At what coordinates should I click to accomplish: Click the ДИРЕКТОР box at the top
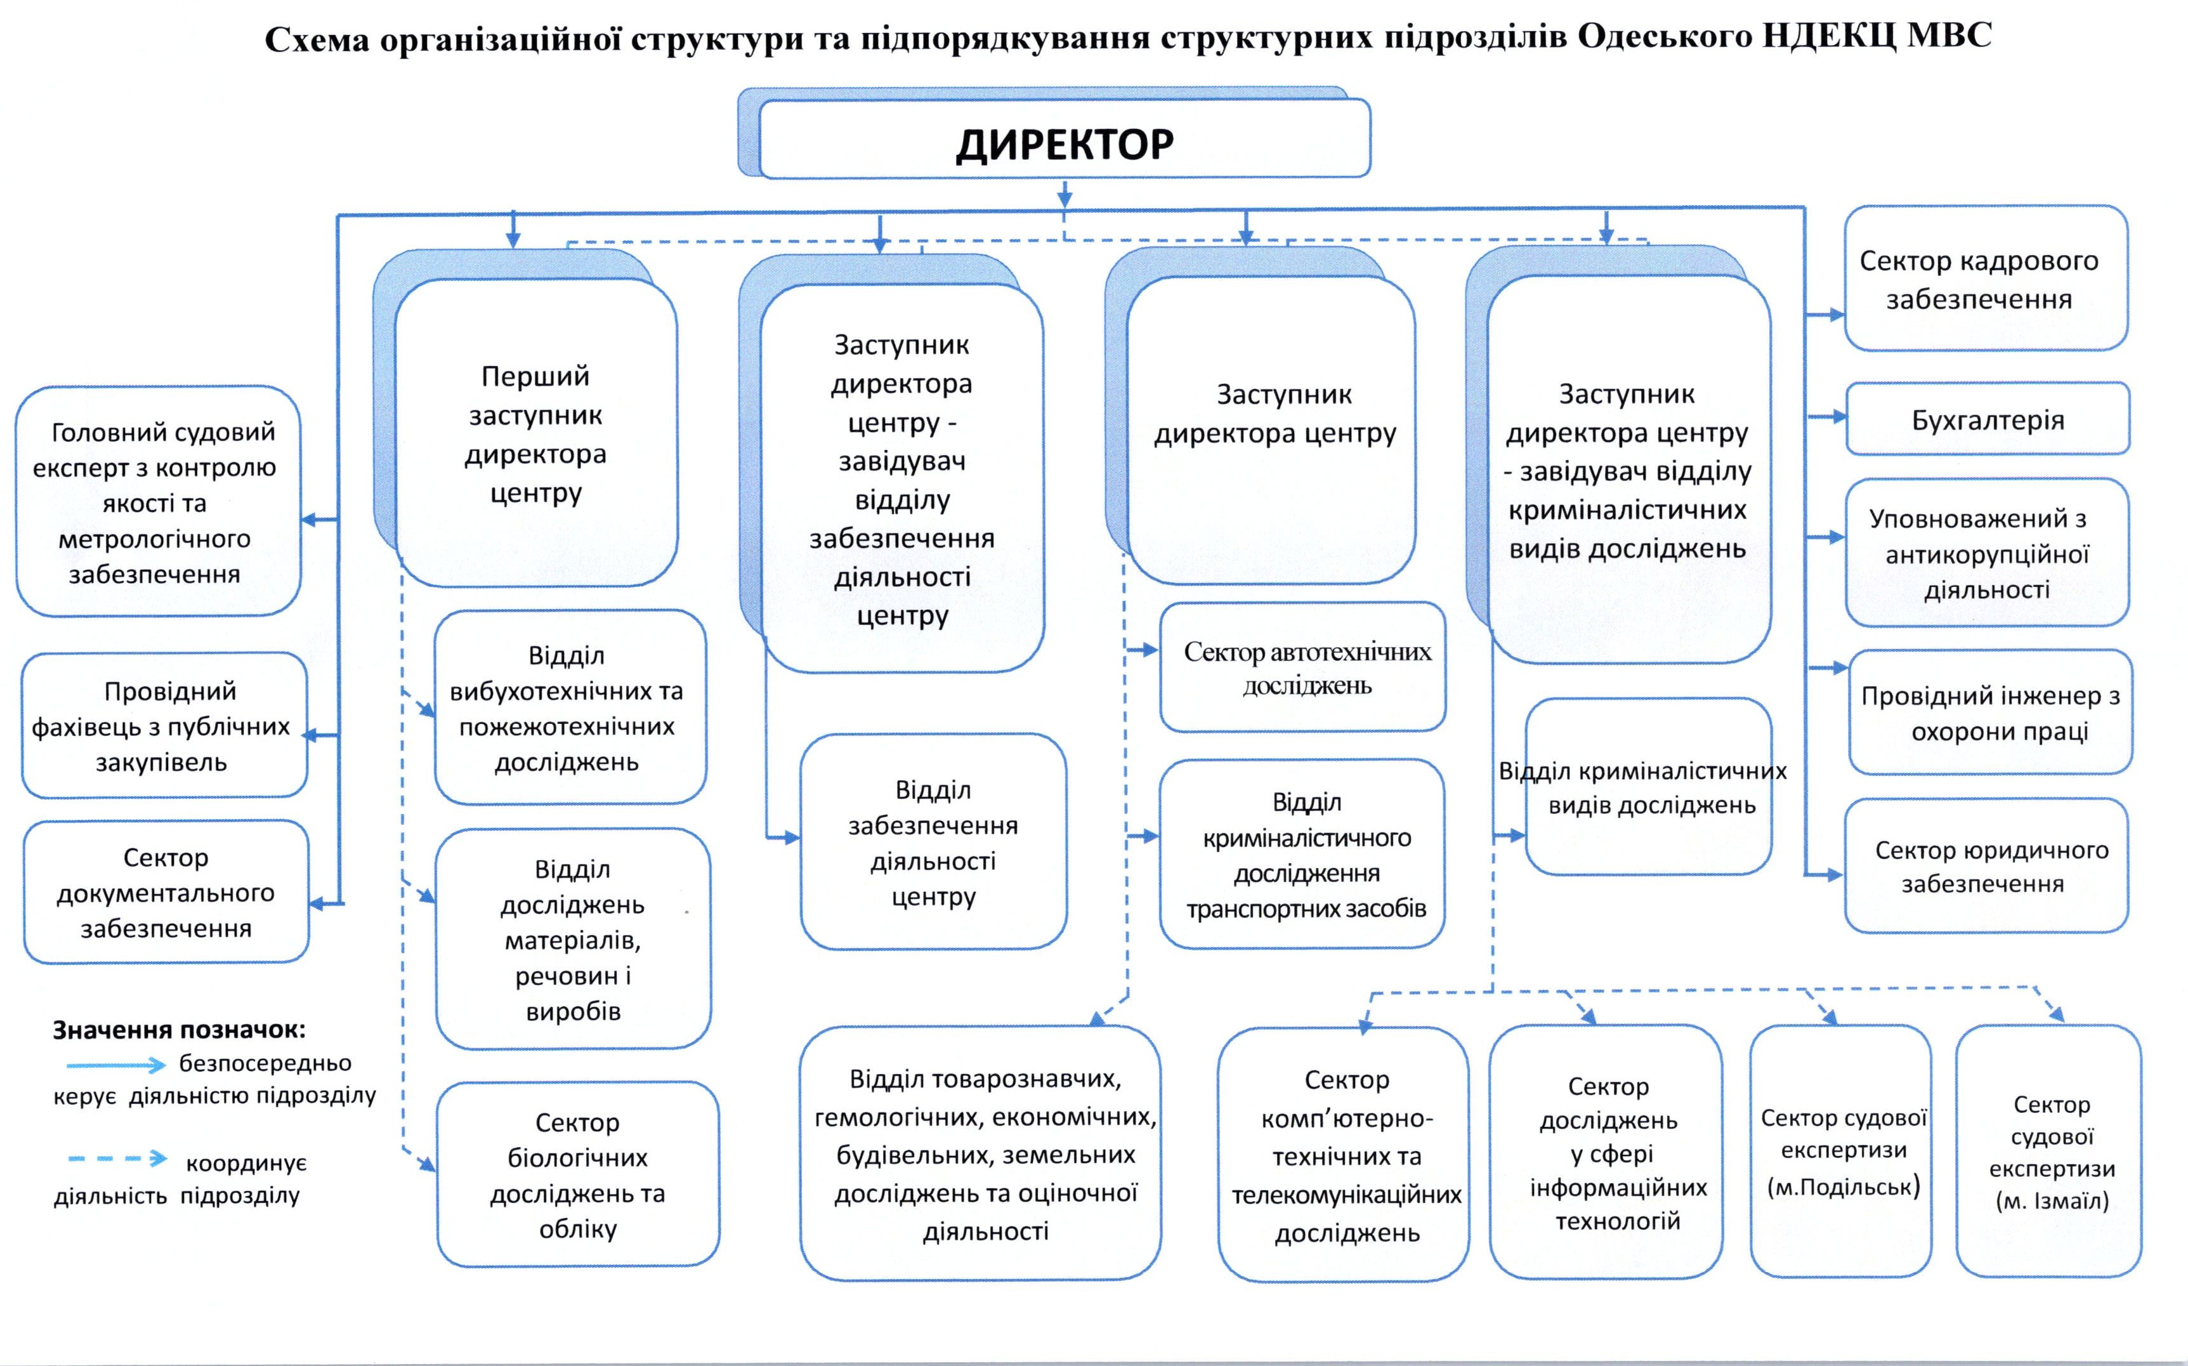[1065, 141]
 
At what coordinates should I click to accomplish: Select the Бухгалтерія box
[1988, 419]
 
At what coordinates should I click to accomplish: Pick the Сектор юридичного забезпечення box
[1986, 865]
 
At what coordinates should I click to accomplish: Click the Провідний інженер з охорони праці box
[1990, 712]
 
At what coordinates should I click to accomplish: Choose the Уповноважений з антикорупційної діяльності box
[1986, 553]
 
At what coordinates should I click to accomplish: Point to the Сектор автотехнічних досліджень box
[1302, 667]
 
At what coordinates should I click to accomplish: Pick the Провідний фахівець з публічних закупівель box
[164, 725]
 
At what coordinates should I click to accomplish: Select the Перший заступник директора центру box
[535, 433]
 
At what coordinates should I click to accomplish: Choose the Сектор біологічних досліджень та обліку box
[577, 1174]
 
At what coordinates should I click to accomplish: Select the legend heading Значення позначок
[179, 1029]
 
